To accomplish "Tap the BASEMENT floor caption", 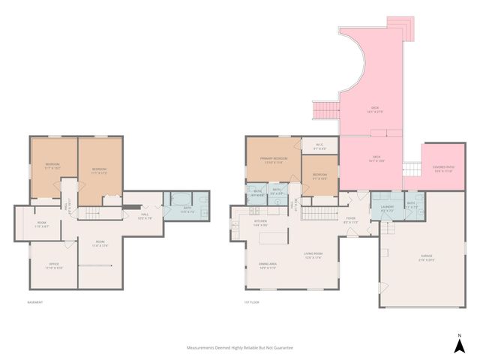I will [x=34, y=302].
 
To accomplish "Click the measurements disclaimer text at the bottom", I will [x=240, y=348].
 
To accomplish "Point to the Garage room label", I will [x=426, y=258].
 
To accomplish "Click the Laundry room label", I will [x=387, y=208].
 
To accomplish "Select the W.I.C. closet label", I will [x=319, y=145].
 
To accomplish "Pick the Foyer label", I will [x=350, y=220].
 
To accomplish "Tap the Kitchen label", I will [x=261, y=223].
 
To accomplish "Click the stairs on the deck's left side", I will [x=325, y=112].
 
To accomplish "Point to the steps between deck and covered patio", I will [x=410, y=168].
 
